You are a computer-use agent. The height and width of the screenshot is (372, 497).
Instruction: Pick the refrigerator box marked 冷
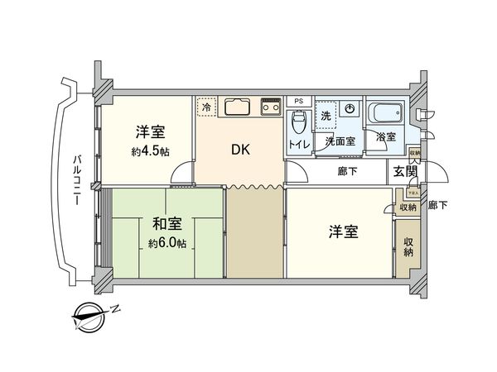click(x=205, y=106)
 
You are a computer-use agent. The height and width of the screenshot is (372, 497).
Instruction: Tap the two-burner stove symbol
click(x=271, y=106)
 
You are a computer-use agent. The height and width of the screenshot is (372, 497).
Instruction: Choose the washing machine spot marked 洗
click(x=326, y=114)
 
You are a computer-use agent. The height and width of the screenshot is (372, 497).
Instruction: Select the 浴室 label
click(x=386, y=136)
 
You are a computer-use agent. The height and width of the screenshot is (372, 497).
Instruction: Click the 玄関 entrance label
click(x=405, y=172)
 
